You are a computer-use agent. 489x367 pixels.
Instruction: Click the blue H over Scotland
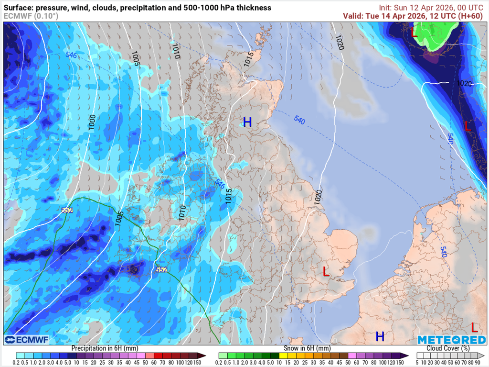tap(247, 122)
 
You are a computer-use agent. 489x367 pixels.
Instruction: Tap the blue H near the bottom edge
tap(380, 336)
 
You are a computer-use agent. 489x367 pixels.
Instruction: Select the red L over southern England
tap(326, 272)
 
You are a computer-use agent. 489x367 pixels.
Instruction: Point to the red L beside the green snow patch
tap(414, 33)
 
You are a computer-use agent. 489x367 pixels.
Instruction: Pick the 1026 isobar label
tap(464, 83)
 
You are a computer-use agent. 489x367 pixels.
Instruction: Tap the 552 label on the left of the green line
tap(67, 210)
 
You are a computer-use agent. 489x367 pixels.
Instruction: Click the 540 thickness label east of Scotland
tap(299, 120)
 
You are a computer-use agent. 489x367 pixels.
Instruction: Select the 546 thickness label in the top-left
tap(71, 56)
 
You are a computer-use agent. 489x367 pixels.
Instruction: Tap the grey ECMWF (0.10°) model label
tap(31, 16)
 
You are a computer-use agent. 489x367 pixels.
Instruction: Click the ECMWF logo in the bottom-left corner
tap(26, 339)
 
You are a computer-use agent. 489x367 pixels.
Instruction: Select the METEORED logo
tap(451, 339)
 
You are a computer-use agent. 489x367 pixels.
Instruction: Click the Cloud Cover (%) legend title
tap(447, 348)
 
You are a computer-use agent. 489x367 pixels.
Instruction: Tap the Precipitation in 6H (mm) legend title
tap(106, 348)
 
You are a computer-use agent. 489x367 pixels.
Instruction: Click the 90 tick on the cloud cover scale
tap(478, 362)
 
